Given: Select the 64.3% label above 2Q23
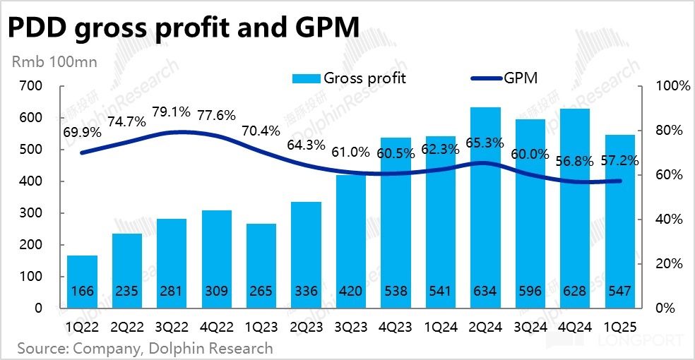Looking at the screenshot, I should pos(306,145).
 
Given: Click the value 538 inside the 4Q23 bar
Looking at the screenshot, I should pos(396,290).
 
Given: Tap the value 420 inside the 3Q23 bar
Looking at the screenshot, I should pos(351,290).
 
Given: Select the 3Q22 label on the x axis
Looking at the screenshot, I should pos(172,326).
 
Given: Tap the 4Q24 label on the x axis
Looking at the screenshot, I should pos(575,326).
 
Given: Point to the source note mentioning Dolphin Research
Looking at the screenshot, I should pos(144,348).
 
